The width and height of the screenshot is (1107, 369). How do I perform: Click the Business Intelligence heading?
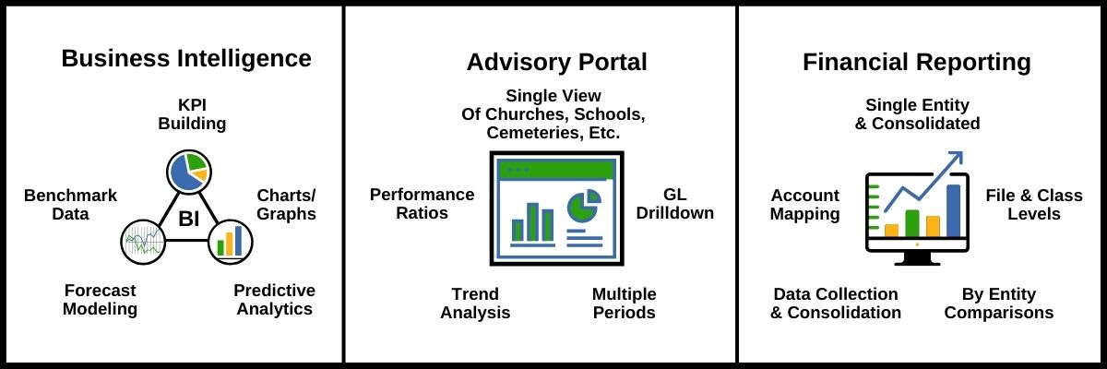point(186,59)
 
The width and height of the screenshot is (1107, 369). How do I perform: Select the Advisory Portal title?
point(556,62)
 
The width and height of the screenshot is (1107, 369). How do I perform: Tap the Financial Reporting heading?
point(917,63)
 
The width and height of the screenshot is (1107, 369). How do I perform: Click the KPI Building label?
point(192,114)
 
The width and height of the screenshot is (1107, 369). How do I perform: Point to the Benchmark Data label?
point(71,205)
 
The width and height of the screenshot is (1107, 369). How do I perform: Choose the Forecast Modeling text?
point(100,299)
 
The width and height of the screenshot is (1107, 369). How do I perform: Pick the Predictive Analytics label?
point(274,299)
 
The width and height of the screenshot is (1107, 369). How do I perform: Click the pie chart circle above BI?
point(189,172)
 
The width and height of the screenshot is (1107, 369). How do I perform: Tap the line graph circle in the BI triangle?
point(143,242)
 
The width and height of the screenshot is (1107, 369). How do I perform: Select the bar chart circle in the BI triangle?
point(231,242)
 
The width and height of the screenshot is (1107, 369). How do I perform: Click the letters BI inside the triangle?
point(189,219)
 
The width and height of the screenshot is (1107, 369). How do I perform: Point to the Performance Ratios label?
point(423,204)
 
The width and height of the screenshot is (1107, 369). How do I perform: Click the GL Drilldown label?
point(675,204)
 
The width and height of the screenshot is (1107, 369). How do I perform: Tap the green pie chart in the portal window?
point(584,206)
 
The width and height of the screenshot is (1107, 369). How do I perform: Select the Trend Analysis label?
point(475,304)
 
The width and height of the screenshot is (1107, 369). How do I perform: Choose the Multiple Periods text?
point(625,304)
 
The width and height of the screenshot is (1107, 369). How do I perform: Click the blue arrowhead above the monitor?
point(956,159)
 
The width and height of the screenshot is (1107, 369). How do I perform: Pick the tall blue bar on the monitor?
point(953,211)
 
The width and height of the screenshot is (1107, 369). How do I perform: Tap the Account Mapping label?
point(805,205)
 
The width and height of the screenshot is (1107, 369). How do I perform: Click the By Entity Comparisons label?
point(999,304)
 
